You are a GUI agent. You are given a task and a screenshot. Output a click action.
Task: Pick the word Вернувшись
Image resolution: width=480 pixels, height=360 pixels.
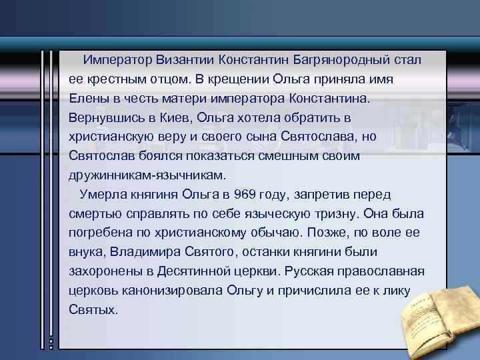(103, 117)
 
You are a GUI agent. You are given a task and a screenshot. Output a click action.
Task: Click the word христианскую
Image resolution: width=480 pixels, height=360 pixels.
(112, 137)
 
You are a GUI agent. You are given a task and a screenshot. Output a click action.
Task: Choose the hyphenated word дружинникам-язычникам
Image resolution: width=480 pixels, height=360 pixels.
(147, 175)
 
